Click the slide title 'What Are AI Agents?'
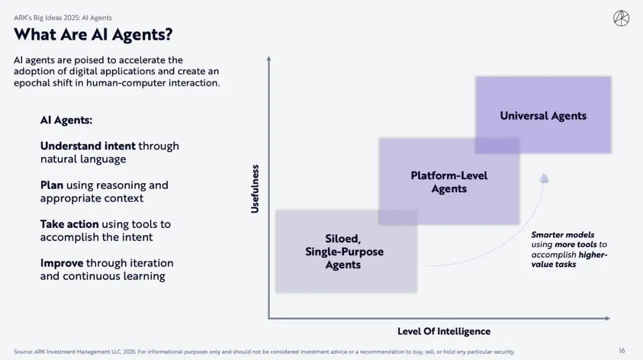pyautogui.click(x=93, y=35)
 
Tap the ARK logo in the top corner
pyautogui.click(x=621, y=18)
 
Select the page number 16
pyautogui.click(x=622, y=350)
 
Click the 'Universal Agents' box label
pyautogui.click(x=543, y=115)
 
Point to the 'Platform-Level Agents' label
pyautogui.click(x=449, y=182)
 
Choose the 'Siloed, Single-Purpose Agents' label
pyautogui.click(x=344, y=251)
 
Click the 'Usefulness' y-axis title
pyautogui.click(x=255, y=189)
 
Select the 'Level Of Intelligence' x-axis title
pyautogui.click(x=444, y=331)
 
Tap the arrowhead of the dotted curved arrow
pyautogui.click(x=544, y=177)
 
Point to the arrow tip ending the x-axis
pyautogui.click(x=608, y=318)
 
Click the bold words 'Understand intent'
pyautogui.click(x=88, y=146)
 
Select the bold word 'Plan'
pyautogui.click(x=52, y=185)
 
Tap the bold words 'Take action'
pyautogui.click(x=69, y=224)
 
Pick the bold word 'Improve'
pyautogui.click(x=61, y=263)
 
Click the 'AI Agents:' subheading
pyautogui.click(x=66, y=120)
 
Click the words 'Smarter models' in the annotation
pyautogui.click(x=563, y=234)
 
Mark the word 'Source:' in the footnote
pyautogui.click(x=23, y=352)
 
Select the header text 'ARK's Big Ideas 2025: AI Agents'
pyautogui.click(x=63, y=18)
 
